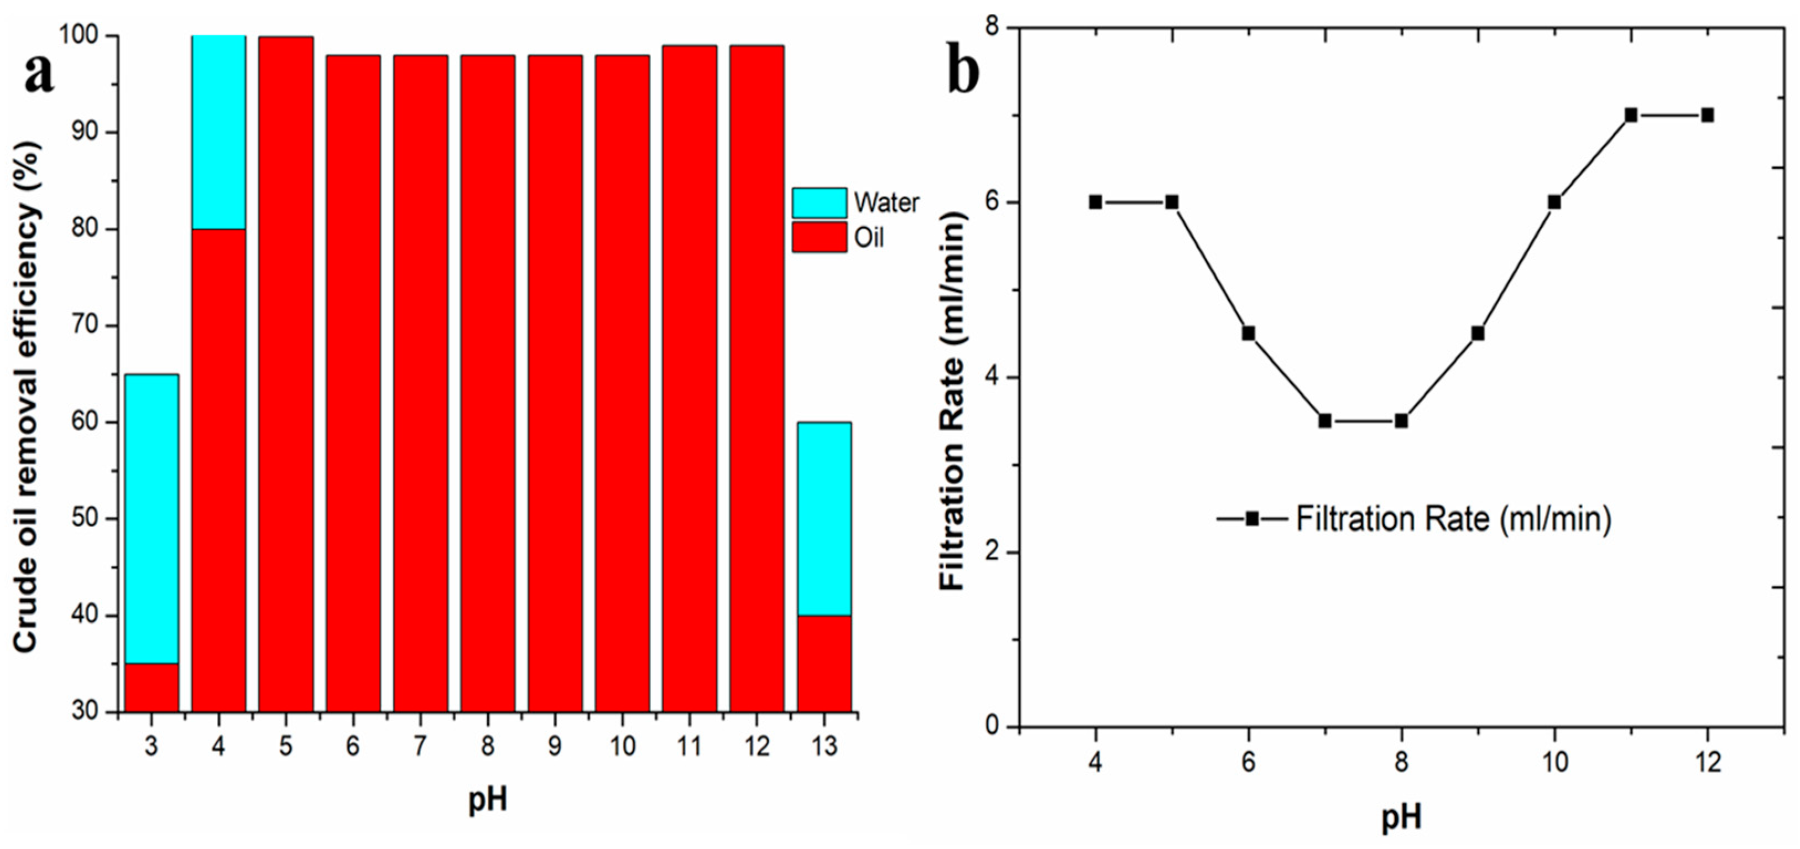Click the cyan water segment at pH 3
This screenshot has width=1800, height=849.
(152, 518)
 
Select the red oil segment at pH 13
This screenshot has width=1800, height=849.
(825, 663)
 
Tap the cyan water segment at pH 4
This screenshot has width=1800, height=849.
(219, 132)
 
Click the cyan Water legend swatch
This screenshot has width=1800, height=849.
(819, 202)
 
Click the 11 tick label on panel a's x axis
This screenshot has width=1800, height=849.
(689, 746)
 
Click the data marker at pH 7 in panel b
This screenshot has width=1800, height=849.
(1325, 421)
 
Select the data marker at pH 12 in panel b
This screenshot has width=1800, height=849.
(1707, 115)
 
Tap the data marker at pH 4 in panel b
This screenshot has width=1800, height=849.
(1095, 202)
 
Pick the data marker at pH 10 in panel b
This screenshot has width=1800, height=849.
(1554, 202)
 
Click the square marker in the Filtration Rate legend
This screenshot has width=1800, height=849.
(1252, 518)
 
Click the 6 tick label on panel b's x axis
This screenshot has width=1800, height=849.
(1248, 762)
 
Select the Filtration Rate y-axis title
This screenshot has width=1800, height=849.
(952, 402)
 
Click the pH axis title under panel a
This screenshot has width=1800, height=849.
(488, 799)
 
